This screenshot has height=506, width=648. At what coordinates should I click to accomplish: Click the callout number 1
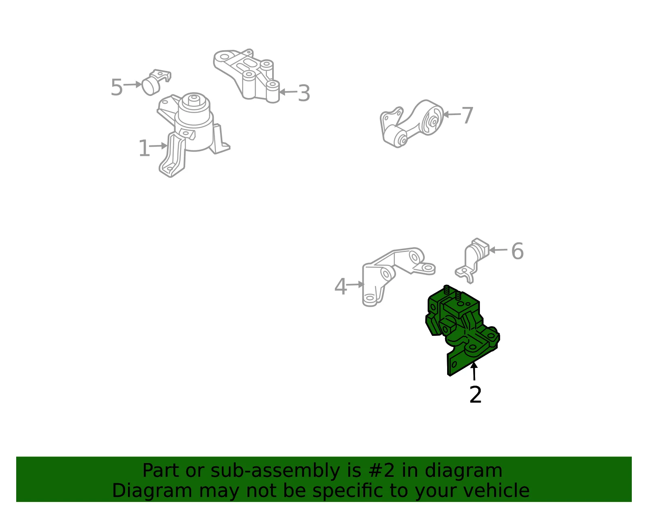pos(144,148)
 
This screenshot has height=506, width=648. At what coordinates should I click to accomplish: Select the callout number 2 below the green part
pos(475,395)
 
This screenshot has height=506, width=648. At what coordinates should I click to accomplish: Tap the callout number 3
pos(304,93)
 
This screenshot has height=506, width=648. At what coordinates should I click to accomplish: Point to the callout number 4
pos(341,286)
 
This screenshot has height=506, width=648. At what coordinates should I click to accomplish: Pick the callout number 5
pos(117,87)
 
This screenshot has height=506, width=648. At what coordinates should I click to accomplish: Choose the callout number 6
pos(517,251)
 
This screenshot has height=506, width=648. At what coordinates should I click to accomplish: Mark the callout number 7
pos(467,115)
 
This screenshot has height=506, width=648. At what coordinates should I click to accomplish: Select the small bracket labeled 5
pos(156,83)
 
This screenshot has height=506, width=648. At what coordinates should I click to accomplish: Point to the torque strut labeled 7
pos(411,124)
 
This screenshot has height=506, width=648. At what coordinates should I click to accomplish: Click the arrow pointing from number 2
pos(474,371)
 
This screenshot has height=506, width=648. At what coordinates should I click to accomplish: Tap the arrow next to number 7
pos(452,114)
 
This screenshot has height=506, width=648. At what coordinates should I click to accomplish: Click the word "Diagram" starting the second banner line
pos(152,491)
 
